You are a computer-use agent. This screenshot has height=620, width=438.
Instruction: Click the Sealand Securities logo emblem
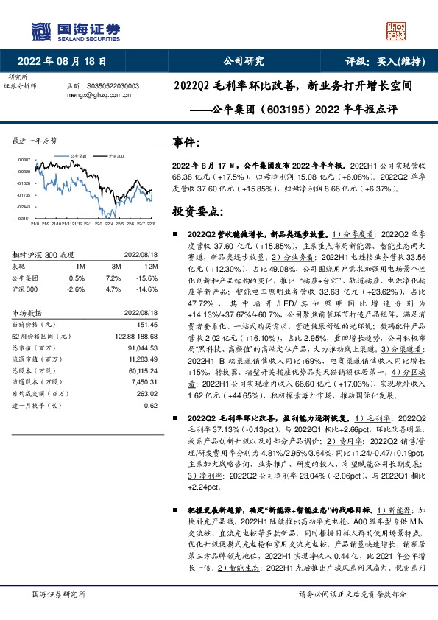click(40, 31)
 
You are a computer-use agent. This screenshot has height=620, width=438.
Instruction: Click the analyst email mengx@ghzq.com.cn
click(99, 94)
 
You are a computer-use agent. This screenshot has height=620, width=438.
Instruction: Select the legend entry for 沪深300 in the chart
click(116, 157)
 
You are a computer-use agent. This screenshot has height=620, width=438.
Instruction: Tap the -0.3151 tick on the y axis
click(24, 219)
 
